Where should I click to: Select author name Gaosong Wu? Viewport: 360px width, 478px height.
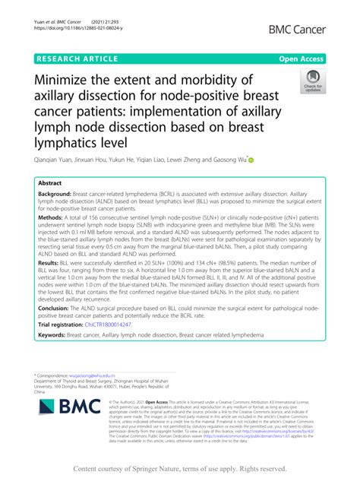[x=223, y=160]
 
